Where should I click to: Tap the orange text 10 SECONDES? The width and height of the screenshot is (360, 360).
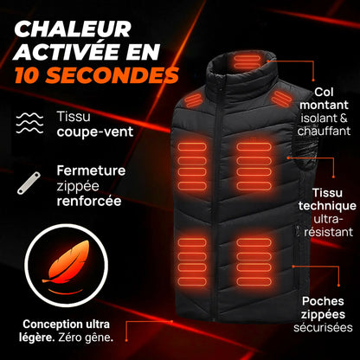(x=95, y=75)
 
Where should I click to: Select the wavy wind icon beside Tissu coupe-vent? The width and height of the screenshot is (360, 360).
(x=31, y=122)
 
